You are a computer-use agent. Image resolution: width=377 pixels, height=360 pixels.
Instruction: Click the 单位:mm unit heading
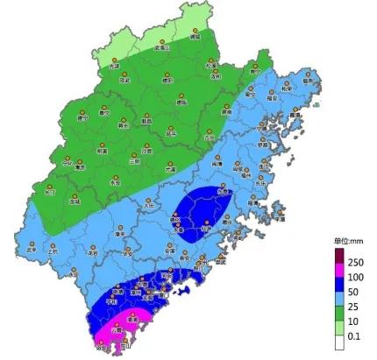click(x=348, y=239)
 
